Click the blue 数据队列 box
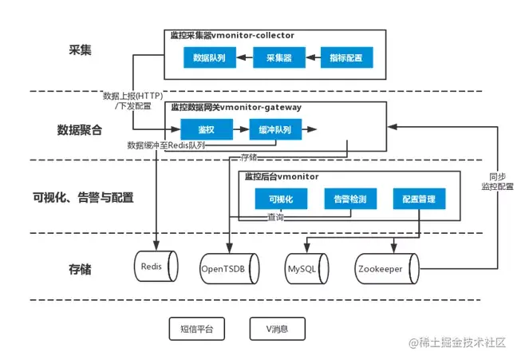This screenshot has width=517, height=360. pyautogui.click(x=209, y=58)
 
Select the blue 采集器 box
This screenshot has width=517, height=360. pyautogui.click(x=278, y=58)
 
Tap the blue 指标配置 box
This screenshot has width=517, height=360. pyautogui.click(x=346, y=58)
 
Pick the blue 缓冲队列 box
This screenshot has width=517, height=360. pyautogui.click(x=274, y=129)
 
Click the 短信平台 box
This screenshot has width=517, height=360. pyautogui.click(x=197, y=327)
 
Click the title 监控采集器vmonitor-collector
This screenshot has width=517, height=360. pyautogui.click(x=232, y=36)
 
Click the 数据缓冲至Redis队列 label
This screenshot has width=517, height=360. pyautogui.click(x=167, y=145)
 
